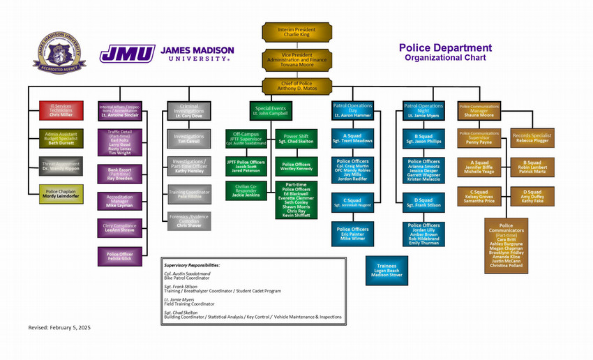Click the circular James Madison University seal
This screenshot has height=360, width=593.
point(59,54)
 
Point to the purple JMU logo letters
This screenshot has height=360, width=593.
point(127,54)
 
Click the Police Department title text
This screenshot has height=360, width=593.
point(445,48)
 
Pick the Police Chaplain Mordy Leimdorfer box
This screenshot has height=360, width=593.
point(60,194)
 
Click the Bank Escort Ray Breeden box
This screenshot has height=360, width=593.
point(119,174)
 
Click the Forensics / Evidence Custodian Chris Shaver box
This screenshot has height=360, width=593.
point(188,221)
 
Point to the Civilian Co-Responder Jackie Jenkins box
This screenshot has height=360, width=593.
point(246,190)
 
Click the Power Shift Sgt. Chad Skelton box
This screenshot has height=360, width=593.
point(296,137)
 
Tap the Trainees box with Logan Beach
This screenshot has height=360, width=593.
point(386,269)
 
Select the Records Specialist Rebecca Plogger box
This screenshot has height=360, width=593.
point(533,137)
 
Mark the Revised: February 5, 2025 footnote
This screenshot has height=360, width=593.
point(59,327)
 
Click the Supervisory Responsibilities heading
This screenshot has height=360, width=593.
point(192,266)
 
